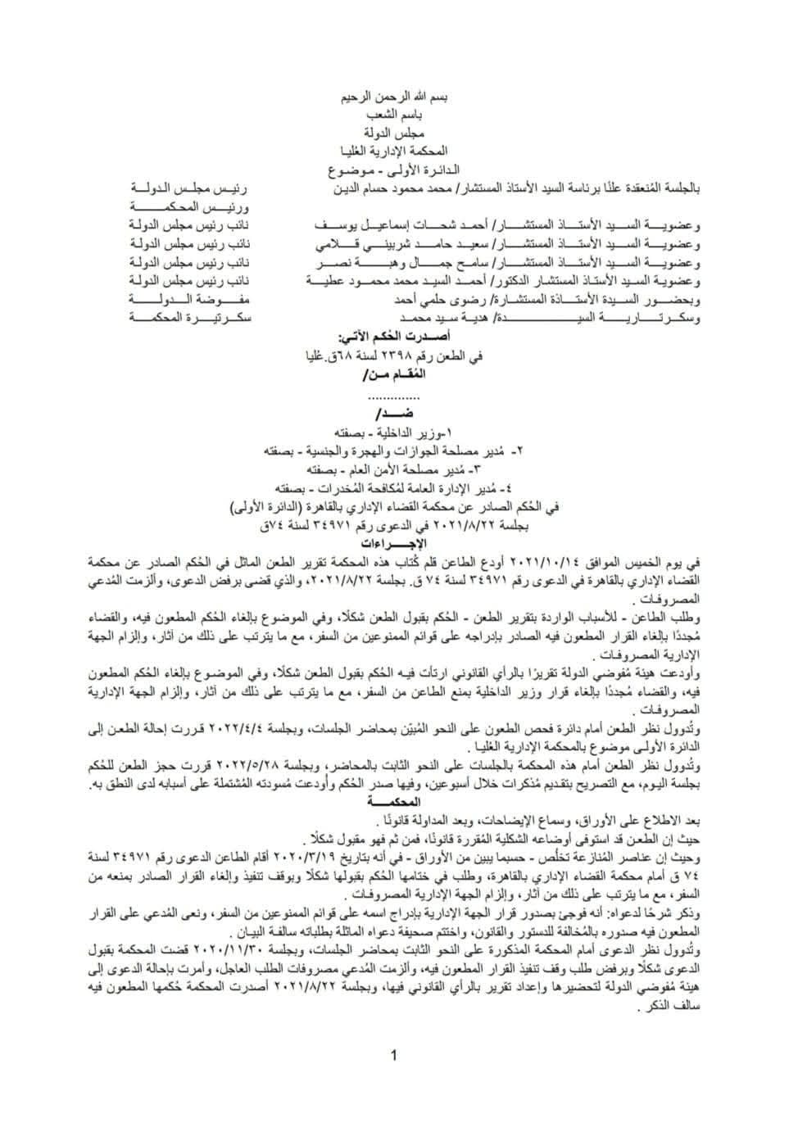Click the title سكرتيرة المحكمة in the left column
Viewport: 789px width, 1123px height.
(x=190, y=317)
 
